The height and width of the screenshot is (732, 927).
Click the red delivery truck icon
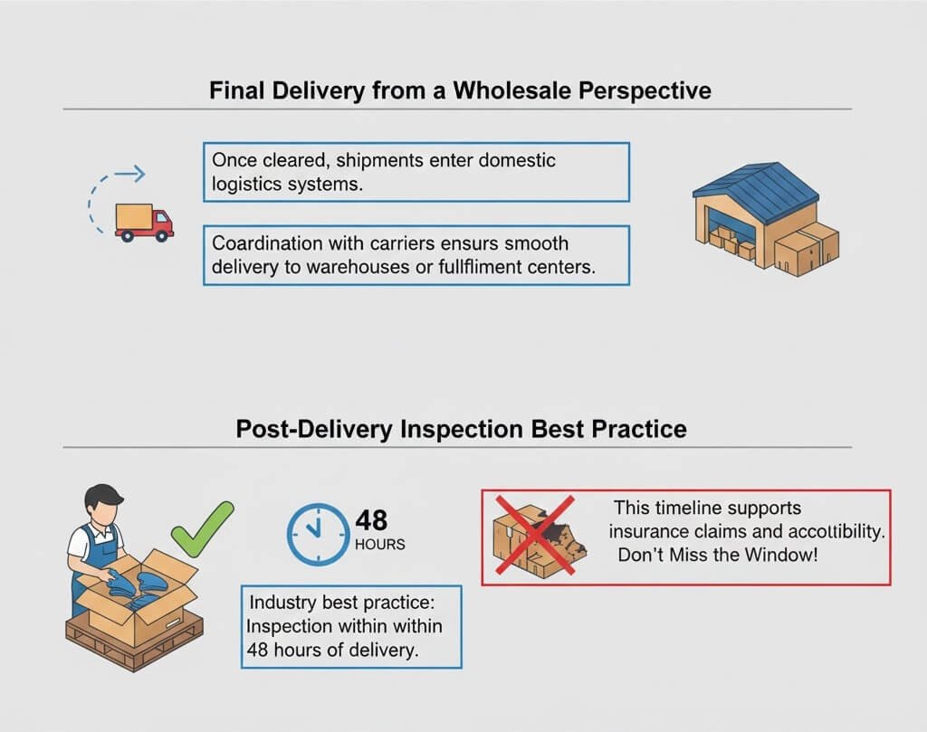pos(144,222)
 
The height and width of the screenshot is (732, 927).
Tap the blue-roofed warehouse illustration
pos(766,216)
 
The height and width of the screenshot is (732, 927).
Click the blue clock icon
pos(317,535)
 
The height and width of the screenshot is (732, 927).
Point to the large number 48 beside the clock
pos(372,520)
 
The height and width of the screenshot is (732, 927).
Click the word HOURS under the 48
pos(380,545)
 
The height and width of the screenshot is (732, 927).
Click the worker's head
pos(102,506)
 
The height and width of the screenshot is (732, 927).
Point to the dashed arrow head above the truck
pos(138,173)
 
